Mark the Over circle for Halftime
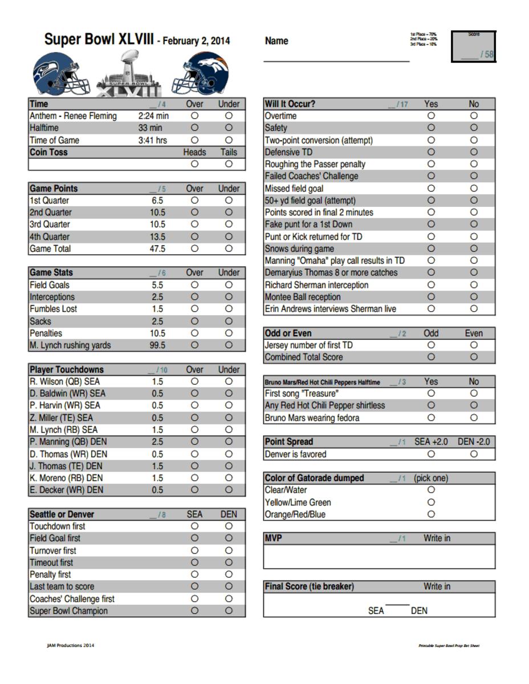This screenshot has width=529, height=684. click(194, 128)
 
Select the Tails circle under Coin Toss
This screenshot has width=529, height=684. click(229, 164)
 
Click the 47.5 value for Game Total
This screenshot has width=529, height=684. click(157, 249)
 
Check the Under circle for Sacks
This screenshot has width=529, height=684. click(229, 321)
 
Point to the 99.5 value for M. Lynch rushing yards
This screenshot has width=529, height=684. click(157, 345)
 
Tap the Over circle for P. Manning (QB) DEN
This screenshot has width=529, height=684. click(194, 442)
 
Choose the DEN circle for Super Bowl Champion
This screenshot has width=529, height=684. click(229, 610)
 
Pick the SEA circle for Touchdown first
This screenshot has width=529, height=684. click(194, 526)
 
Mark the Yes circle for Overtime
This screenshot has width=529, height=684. click(431, 116)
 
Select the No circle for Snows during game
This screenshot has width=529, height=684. click(474, 249)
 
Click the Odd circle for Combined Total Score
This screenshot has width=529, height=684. click(431, 357)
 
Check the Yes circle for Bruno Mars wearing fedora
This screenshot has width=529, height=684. click(431, 418)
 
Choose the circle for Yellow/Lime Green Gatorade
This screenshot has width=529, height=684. click(431, 502)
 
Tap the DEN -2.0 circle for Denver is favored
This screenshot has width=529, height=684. click(474, 454)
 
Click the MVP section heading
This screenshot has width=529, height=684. click(274, 538)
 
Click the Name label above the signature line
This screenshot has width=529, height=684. click(276, 41)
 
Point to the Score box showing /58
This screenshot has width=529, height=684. click(474, 47)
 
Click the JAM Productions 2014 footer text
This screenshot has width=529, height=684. click(71, 645)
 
